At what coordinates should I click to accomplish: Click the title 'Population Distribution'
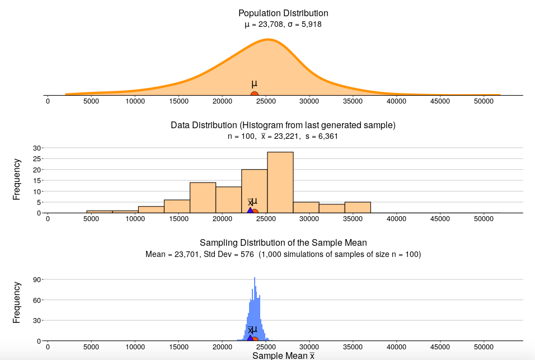(x=283, y=13)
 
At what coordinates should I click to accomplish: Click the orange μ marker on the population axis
(x=255, y=95)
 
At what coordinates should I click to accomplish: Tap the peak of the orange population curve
(x=269, y=40)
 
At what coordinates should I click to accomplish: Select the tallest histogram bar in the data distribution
(x=280, y=183)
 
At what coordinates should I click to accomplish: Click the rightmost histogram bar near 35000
(x=358, y=208)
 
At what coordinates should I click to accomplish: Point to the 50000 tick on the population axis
(x=484, y=101)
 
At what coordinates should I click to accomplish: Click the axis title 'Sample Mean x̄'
(x=283, y=356)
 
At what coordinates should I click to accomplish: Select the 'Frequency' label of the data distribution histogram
(x=17, y=179)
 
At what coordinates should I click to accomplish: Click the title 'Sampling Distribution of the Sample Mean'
(x=283, y=242)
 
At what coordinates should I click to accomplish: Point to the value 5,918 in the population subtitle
(x=310, y=24)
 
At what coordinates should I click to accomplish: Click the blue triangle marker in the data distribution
(x=250, y=211)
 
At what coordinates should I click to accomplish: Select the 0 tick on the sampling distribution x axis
(x=48, y=347)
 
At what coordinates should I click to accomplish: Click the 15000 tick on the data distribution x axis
(x=179, y=219)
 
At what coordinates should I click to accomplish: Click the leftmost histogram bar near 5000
(x=100, y=212)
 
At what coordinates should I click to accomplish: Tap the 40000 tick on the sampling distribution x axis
(x=396, y=347)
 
